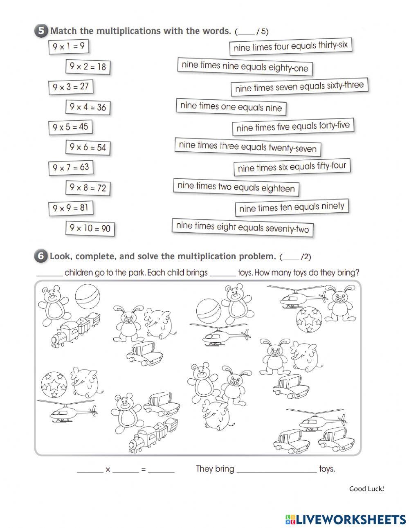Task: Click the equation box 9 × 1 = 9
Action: pyautogui.click(x=68, y=47)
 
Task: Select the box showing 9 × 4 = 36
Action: pyautogui.click(x=88, y=107)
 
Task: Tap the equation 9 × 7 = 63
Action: pyautogui.click(x=70, y=167)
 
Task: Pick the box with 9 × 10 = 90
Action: pyautogui.click(x=90, y=228)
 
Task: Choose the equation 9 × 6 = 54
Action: pyautogui.click(x=88, y=147)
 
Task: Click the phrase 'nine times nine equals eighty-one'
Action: pyautogui.click(x=245, y=67)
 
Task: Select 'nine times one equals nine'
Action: pyautogui.click(x=231, y=107)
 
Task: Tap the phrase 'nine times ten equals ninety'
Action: pyautogui.click(x=292, y=207)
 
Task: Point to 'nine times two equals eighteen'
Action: pyautogui.click(x=236, y=187)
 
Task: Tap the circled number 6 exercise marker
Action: pyautogui.click(x=40, y=256)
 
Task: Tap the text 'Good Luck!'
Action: pyautogui.click(x=366, y=488)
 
